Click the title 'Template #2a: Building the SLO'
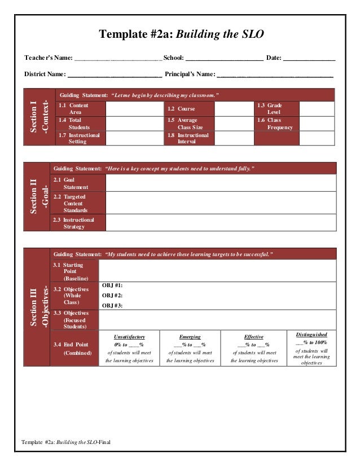tap(181, 35)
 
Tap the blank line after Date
tap(309, 58)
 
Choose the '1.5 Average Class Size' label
tap(189, 124)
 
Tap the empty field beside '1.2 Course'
tap(234, 109)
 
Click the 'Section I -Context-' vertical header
tap(38, 117)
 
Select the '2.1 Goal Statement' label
tap(78, 183)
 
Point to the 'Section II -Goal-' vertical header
tap(38, 197)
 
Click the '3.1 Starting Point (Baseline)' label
tap(74, 271)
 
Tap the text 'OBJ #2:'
tap(112, 296)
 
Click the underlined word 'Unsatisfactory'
tap(130, 337)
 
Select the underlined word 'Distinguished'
tap(311, 335)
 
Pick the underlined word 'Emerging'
tap(190, 337)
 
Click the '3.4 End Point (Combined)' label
tap(73, 348)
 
